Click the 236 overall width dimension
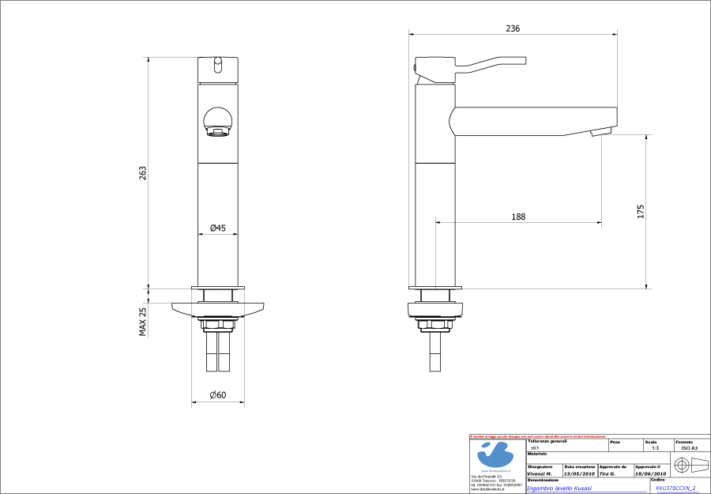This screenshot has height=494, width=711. point(513,28)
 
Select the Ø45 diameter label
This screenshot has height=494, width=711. point(218,228)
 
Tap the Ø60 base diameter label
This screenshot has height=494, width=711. point(218,394)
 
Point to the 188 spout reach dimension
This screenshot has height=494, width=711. point(518,216)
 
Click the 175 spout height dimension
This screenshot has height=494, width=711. point(641,211)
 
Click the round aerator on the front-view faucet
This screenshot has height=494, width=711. point(218,123)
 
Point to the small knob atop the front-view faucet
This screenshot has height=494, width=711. point(218,63)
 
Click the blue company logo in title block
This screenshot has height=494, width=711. point(496,456)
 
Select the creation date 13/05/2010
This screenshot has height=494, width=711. point(579,474)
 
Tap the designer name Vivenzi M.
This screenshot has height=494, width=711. point(540,474)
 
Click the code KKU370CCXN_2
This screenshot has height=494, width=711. point(675,488)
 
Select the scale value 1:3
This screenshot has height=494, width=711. point(655,448)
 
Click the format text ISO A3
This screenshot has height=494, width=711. point(689,448)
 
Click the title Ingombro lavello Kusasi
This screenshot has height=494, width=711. point(559,488)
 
